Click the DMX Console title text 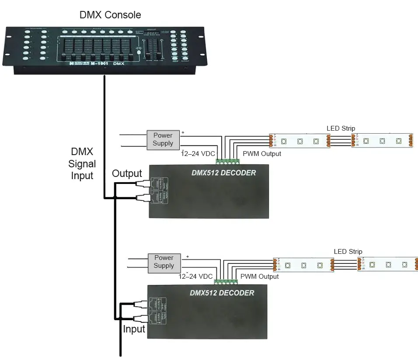coord(110,15)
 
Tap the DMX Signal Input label coord(82,164)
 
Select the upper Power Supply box coord(163,139)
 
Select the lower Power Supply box coord(164,262)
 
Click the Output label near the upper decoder coord(127,173)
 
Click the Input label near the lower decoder coord(134,329)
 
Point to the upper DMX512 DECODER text coord(223,173)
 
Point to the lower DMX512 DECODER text coord(222,292)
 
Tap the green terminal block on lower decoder coord(226,282)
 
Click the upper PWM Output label coord(261,154)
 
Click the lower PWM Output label coord(259,277)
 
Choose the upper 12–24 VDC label coord(198,154)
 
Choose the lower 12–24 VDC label coord(195,277)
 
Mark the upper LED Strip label coord(341,128)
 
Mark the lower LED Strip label coord(348,252)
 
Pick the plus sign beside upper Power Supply coord(183,132)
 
